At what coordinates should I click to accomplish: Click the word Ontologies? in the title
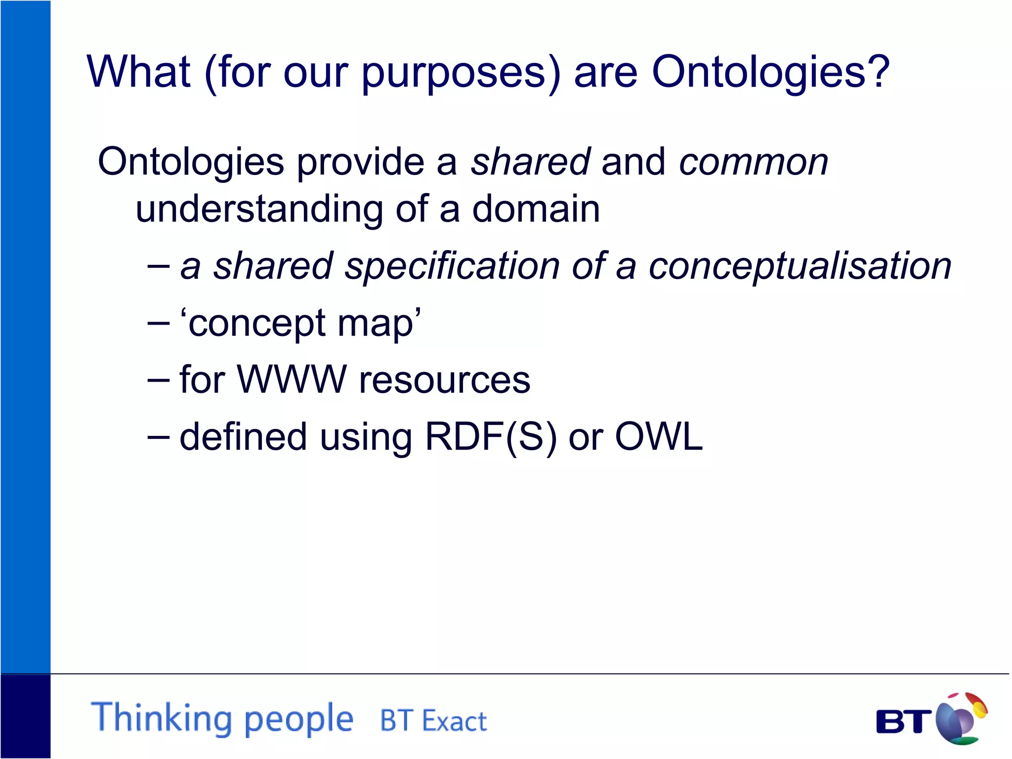point(770,73)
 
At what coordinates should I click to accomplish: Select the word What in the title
point(139,72)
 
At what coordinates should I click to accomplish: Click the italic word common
point(753,162)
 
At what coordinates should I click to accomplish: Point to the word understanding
point(259,210)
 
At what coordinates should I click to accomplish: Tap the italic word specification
point(452,267)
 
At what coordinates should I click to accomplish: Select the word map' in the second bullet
point(379,324)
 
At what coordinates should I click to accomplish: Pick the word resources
point(444,380)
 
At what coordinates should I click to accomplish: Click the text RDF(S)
point(490,437)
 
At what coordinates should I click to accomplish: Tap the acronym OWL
point(658,437)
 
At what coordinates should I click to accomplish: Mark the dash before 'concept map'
point(159,324)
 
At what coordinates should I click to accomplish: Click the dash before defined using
point(159,437)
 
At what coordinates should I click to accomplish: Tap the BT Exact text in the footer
point(433,720)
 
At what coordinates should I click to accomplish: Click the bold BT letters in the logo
point(903,721)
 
